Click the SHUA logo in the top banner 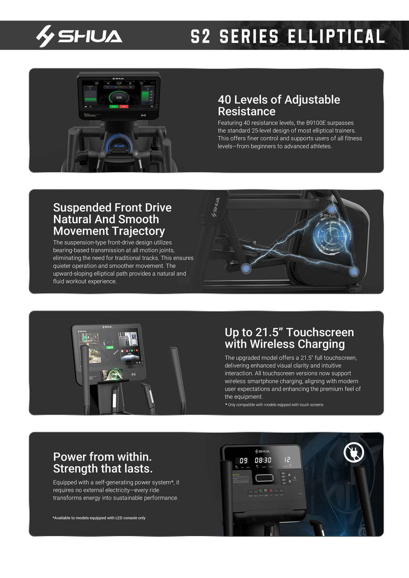tap(79, 36)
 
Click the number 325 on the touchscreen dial tap(119, 97)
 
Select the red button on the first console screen tap(124, 106)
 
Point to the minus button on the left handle tap(102, 153)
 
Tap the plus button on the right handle tap(136, 153)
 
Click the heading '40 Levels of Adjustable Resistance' tap(279, 105)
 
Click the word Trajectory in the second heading tap(135, 231)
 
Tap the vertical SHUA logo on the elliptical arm tap(215, 207)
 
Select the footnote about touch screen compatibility tap(274, 405)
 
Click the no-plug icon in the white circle tap(354, 452)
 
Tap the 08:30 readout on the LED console tap(263, 460)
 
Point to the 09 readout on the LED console tap(244, 460)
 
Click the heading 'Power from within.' tap(103, 456)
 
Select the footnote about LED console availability tap(99, 518)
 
